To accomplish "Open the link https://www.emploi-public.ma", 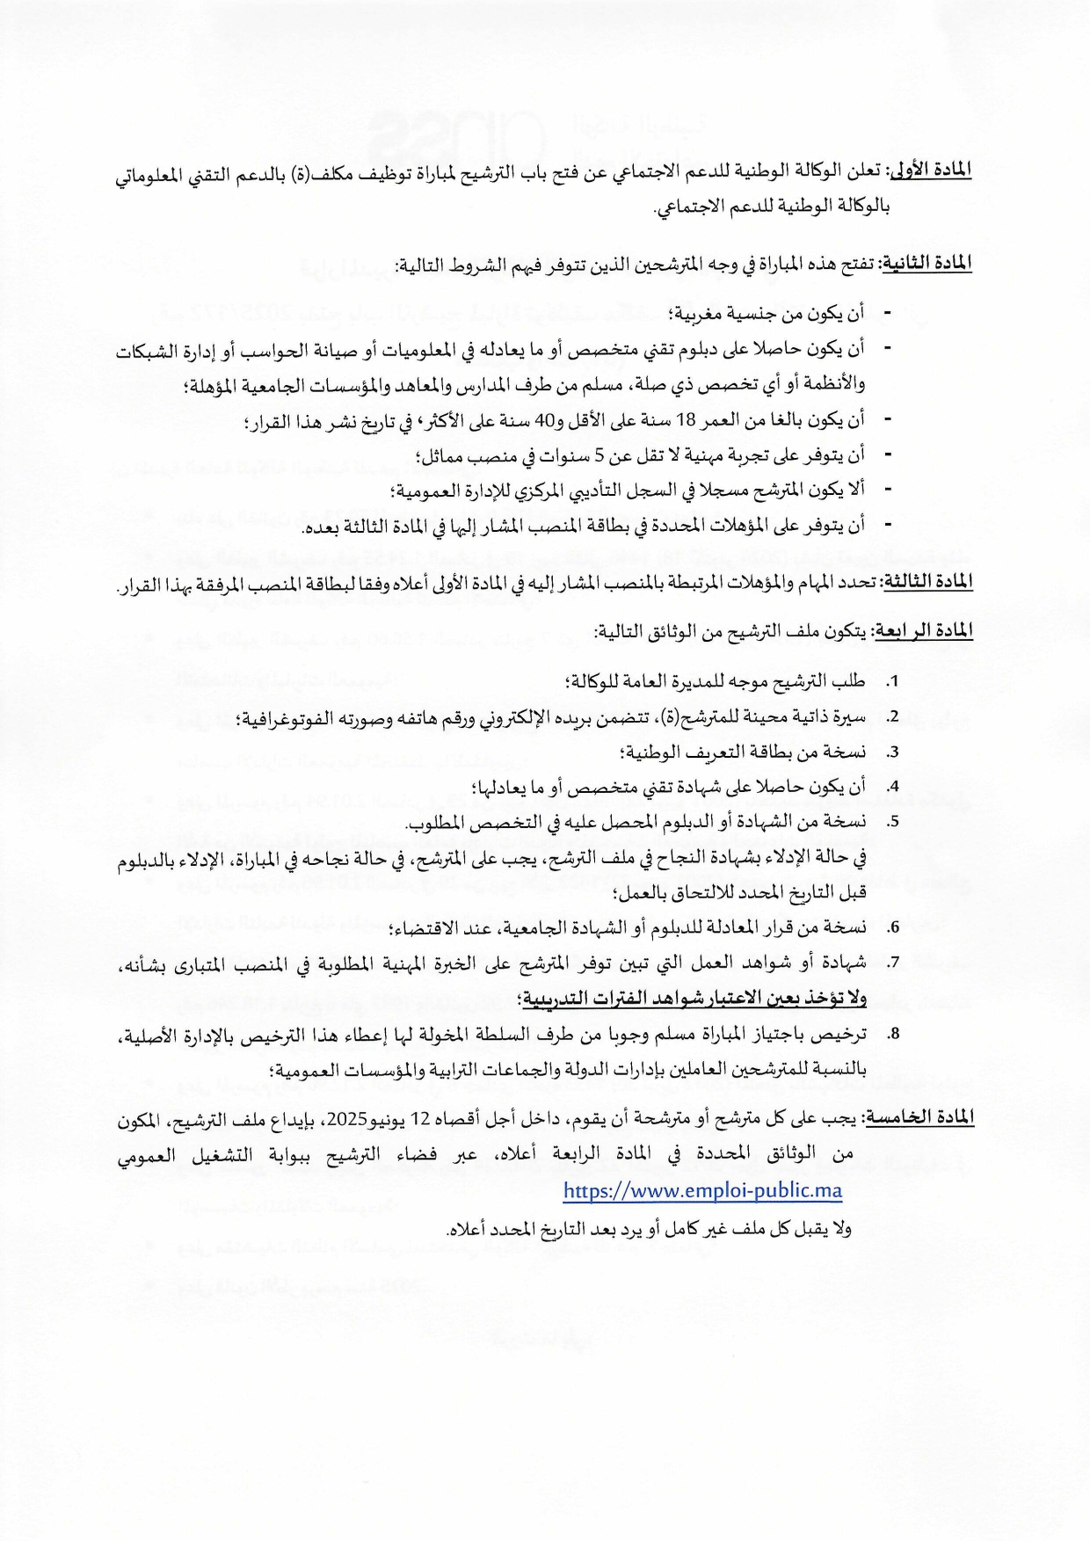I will click(702, 1191).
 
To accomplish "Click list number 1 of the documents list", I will click(893, 683).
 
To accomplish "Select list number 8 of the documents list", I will click(893, 1035).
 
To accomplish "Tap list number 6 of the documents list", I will click(893, 928).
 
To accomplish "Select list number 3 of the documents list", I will click(893, 753).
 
